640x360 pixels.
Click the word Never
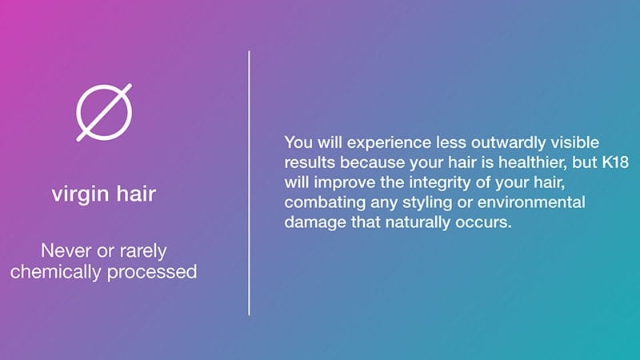pyautogui.click(x=66, y=250)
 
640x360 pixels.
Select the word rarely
pyautogui.click(x=143, y=251)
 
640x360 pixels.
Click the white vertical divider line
pyautogui.click(x=249, y=183)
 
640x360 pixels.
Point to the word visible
pyautogui.click(x=575, y=142)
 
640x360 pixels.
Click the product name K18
pyautogui.click(x=615, y=162)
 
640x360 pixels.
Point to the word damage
pyautogui.click(x=312, y=223)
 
